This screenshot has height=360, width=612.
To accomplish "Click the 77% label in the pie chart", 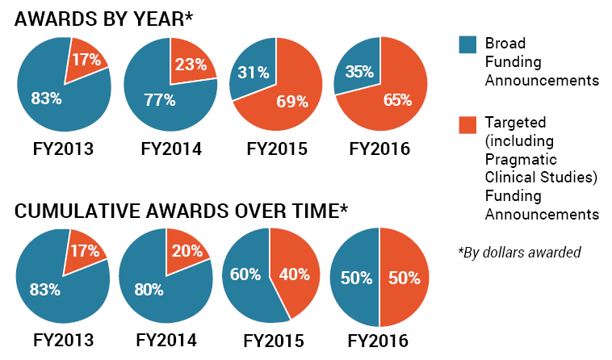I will tap(159, 100).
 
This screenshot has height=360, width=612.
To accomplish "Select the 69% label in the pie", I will tap(292, 101).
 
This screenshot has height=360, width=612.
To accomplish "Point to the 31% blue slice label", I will tap(253, 72).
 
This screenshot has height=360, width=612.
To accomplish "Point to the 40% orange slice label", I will tap(293, 274).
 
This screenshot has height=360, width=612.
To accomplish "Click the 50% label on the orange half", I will tap(404, 278).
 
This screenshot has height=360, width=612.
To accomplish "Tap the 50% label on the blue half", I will tap(356, 278).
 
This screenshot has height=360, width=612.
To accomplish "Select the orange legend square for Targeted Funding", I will tap(467, 124).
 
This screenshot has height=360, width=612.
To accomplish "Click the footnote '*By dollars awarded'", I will tap(519, 252).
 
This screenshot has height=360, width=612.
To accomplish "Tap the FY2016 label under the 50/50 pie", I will tap(379, 340).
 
